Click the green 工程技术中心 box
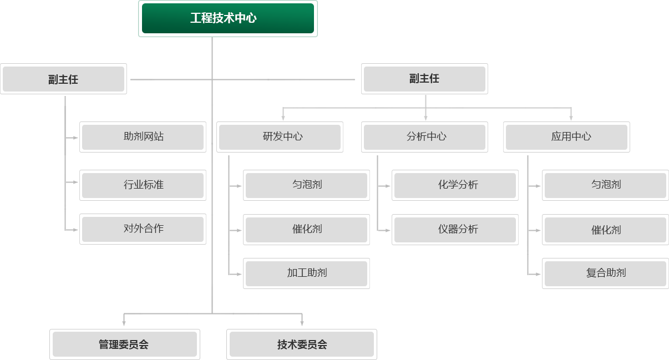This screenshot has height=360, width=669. pyautogui.click(x=227, y=18)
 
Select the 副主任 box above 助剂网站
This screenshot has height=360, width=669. pyautogui.click(x=63, y=79)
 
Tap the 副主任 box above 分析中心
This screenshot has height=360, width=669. pyautogui.click(x=424, y=79)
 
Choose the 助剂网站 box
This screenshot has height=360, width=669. pyautogui.click(x=143, y=136)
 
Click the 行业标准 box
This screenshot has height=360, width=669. pyautogui.click(x=143, y=185)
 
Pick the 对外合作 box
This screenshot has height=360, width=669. pyautogui.click(x=143, y=229)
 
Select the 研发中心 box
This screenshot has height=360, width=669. pyautogui.click(x=280, y=136)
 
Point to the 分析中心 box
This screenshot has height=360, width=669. pyautogui.click(x=425, y=136)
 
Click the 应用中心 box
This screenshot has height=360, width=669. pyautogui.click(x=567, y=136)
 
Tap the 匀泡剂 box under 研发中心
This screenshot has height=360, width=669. pyautogui.click(x=307, y=185)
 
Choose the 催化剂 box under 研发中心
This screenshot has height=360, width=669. pyautogui.click(x=307, y=229)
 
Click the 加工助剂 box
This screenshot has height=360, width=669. pyautogui.click(x=307, y=273)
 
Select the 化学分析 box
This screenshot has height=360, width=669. pyautogui.click(x=455, y=185)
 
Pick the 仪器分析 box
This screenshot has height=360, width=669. pyautogui.click(x=455, y=229)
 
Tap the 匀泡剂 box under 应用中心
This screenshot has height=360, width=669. pyautogui.click(x=606, y=185)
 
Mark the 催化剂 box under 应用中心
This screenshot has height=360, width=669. pyautogui.click(x=606, y=229)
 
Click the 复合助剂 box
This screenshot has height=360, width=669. pyautogui.click(x=606, y=273)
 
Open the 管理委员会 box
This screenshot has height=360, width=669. pyautogui.click(x=124, y=344)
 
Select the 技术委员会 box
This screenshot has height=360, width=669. pyautogui.click(x=302, y=344)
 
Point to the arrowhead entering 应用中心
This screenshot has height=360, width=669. pyautogui.click(x=571, y=118)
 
